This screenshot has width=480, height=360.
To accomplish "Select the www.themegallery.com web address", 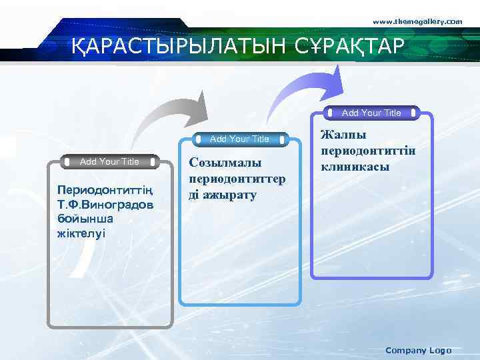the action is click(417, 22).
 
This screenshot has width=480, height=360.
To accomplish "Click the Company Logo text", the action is click(418, 350).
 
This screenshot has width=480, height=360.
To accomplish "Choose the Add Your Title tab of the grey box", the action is click(109, 161).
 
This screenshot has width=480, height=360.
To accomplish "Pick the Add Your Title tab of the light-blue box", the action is click(239, 139).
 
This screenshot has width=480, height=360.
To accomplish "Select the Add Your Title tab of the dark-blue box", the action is click(371, 113).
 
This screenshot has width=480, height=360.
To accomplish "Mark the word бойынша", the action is click(85, 219).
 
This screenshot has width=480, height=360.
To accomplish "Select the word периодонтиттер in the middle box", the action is click(237, 179).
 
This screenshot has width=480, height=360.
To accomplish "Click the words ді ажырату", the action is click(223, 195).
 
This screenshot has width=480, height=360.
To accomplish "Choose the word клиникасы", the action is click(355, 167).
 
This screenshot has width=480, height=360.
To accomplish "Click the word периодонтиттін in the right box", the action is click(368, 151).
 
